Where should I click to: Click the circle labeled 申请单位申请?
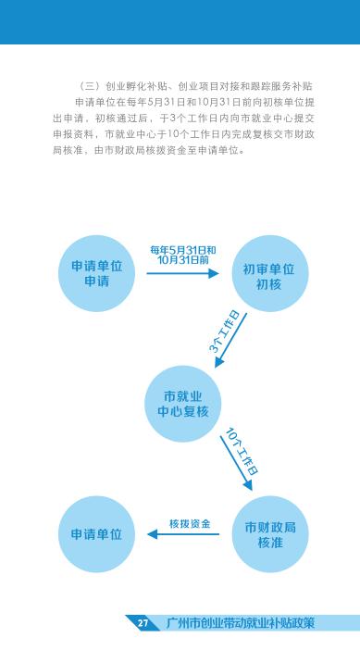click(x=96, y=273)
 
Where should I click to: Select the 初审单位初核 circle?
click(x=269, y=273)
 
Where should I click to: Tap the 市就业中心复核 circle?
click(x=182, y=404)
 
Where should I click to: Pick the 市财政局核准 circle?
click(x=269, y=534)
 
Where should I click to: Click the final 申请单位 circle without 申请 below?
click(x=96, y=534)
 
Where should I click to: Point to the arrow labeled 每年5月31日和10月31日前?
click(x=182, y=273)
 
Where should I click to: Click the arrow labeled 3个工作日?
click(x=230, y=340)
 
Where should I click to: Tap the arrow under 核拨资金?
click(x=183, y=534)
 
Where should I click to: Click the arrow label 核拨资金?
click(x=190, y=523)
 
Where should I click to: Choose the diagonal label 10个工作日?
click(x=242, y=452)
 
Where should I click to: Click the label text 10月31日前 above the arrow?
click(x=183, y=260)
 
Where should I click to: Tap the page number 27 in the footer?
click(x=143, y=623)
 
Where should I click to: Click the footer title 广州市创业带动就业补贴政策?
click(x=241, y=623)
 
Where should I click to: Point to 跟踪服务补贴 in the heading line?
click(x=282, y=87)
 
